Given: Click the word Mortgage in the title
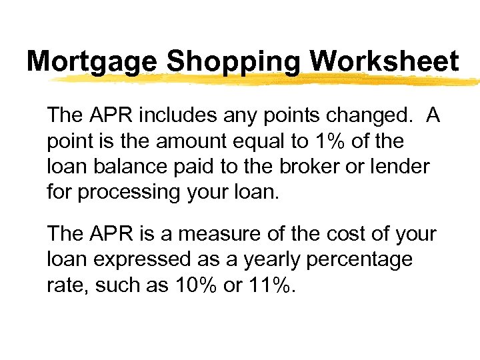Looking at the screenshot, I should (93, 62).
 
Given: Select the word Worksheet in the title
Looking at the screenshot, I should (385, 62).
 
